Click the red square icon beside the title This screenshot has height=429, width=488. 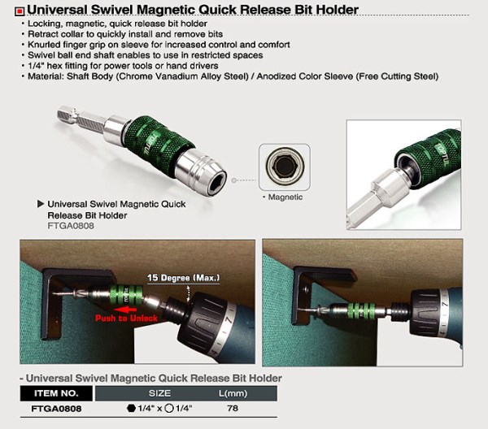pyautogui.click(x=20, y=11)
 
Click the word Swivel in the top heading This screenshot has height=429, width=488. pyautogui.click(x=111, y=10)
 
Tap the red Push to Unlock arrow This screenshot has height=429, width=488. pyautogui.click(x=125, y=310)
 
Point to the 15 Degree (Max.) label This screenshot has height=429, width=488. pyautogui.click(x=183, y=278)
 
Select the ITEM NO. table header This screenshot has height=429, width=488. pyautogui.click(x=56, y=393)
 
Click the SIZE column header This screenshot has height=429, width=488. pyautogui.click(x=159, y=393)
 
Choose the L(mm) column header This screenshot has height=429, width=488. pyautogui.click(x=233, y=393)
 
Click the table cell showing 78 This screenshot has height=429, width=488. pyautogui.click(x=233, y=408)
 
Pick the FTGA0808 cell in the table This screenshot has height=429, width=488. pyautogui.click(x=56, y=408)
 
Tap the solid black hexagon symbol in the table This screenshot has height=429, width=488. pyautogui.click(x=131, y=408)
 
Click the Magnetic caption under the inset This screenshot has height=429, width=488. pyautogui.click(x=285, y=197)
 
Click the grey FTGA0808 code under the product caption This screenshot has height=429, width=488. pyautogui.click(x=71, y=226)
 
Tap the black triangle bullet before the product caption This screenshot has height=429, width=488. pyautogui.click(x=41, y=204)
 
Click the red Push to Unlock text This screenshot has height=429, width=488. pyautogui.click(x=126, y=318)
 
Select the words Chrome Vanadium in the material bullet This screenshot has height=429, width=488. pyautogui.click(x=158, y=76)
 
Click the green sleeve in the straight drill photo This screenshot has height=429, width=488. pyautogui.click(x=361, y=311)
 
